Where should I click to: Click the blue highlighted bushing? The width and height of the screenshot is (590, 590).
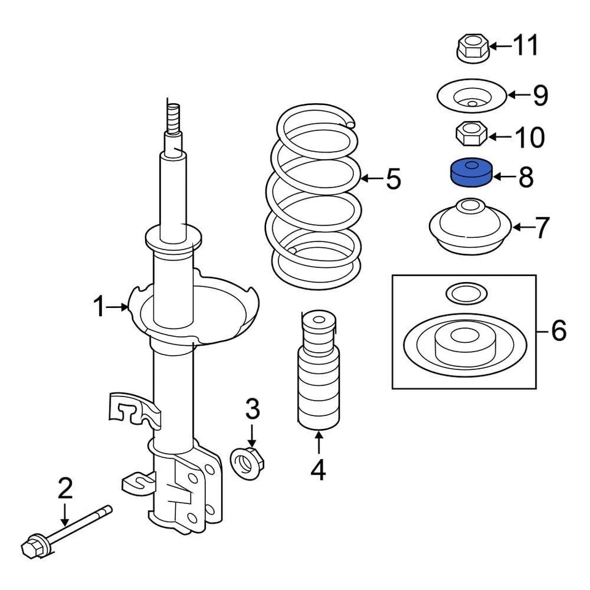471,173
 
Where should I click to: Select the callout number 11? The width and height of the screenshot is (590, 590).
525,45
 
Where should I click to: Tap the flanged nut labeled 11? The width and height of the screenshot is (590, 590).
472,49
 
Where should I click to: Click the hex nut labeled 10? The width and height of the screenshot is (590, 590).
471,133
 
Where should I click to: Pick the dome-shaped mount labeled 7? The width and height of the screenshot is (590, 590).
471,228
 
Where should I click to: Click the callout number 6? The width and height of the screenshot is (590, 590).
557,331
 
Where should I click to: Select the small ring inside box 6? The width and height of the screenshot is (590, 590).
466,293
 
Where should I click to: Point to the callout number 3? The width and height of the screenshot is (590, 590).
252,409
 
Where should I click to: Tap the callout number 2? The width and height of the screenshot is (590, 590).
65,489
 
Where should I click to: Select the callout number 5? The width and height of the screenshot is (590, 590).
393,179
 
